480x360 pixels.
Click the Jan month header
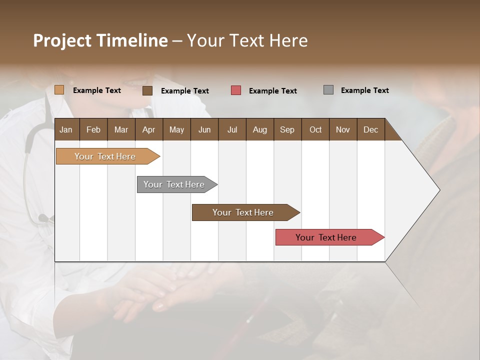click(x=66, y=130)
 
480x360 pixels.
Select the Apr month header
click(x=148, y=130)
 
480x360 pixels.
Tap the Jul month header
click(x=232, y=130)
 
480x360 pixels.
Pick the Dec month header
click(x=370, y=130)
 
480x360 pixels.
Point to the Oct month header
click(x=315, y=130)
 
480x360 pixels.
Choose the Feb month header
click(x=93, y=130)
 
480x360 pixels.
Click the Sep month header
click(x=287, y=130)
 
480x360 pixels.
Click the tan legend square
click(x=59, y=90)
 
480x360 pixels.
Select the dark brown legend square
click(x=147, y=90)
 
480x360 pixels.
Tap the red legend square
click(x=236, y=90)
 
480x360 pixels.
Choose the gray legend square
click(x=328, y=90)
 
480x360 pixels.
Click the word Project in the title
click(x=61, y=41)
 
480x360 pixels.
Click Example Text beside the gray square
click(x=364, y=90)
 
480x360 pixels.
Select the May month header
click(x=176, y=130)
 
